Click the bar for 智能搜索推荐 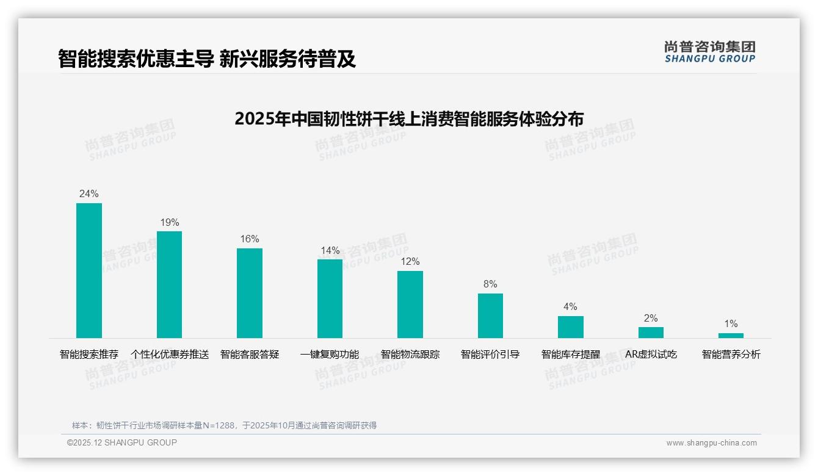89,270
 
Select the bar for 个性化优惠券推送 169,284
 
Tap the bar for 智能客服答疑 250,293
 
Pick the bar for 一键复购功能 330,298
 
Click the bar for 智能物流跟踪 410,304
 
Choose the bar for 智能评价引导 490,316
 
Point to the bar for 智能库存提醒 570,327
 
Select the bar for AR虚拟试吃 651,333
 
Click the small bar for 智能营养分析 731,336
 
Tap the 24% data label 89,194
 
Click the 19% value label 170,223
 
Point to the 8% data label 490,284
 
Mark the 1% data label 731,324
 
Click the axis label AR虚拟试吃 651,355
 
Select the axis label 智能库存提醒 570,355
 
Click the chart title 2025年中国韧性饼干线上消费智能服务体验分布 408,118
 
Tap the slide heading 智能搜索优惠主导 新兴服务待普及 207,59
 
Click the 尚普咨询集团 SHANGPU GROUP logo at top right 709,52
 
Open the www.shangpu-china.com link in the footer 711,443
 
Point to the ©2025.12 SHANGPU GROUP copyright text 122,442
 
